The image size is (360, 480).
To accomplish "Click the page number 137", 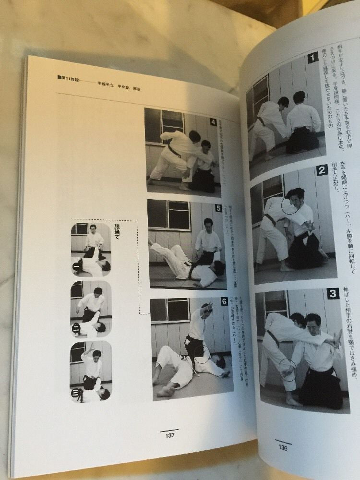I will coord(169,435).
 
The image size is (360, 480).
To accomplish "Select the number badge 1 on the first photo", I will coord(312,58).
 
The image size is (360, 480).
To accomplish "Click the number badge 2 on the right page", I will coord(322,170).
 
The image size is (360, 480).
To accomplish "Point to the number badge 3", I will coord(333,294).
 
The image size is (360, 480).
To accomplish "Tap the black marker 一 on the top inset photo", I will coord(76,266).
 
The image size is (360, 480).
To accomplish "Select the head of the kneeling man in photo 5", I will coord(207,224).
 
